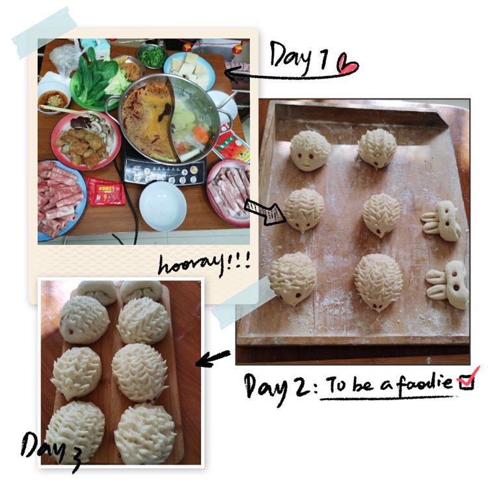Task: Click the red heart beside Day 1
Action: click(347, 65)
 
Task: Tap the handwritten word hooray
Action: click(191, 265)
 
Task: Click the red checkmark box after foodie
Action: click(466, 381)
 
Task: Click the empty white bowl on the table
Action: click(163, 206)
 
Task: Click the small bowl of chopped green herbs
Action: click(152, 57)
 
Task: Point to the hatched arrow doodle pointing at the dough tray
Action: click(265, 211)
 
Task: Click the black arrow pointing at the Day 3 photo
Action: click(213, 359)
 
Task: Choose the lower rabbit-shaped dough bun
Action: click(448, 285)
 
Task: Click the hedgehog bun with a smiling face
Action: click(310, 150)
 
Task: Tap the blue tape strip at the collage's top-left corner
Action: click(44, 33)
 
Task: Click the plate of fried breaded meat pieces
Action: click(85, 142)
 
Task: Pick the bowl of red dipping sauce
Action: click(53, 99)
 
